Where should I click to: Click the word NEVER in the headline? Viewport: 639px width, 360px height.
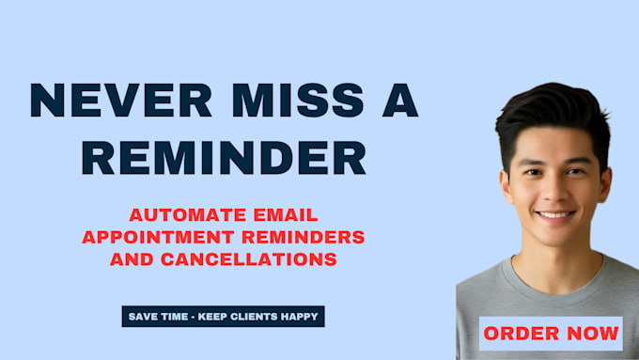click(121, 101)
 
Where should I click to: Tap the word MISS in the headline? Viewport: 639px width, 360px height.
click(298, 101)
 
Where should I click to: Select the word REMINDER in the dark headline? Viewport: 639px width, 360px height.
click(224, 158)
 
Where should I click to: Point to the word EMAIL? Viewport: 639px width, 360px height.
click(286, 215)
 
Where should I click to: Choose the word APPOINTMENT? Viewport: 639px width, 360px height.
click(158, 237)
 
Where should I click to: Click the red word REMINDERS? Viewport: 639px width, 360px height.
click(304, 237)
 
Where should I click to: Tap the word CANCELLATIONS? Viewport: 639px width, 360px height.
click(249, 259)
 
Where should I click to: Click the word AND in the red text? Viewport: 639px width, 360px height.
click(132, 259)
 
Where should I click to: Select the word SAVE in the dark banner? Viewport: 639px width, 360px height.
click(142, 317)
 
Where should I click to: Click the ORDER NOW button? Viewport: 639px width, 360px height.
click(551, 334)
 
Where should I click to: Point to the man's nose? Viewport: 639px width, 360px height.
click(553, 193)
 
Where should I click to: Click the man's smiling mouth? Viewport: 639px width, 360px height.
click(555, 214)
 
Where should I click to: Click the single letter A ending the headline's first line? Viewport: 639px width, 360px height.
click(400, 101)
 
